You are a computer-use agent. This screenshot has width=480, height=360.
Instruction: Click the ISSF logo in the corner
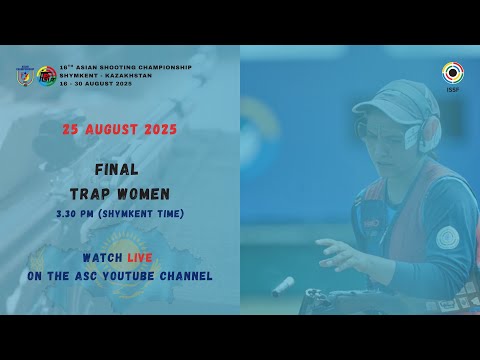pos(452,73)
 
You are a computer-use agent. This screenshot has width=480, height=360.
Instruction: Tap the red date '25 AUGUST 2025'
pos(119,130)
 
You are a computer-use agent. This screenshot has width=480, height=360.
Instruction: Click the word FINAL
pos(120,170)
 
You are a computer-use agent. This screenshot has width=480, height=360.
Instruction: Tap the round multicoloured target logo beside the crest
pos(46,76)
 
